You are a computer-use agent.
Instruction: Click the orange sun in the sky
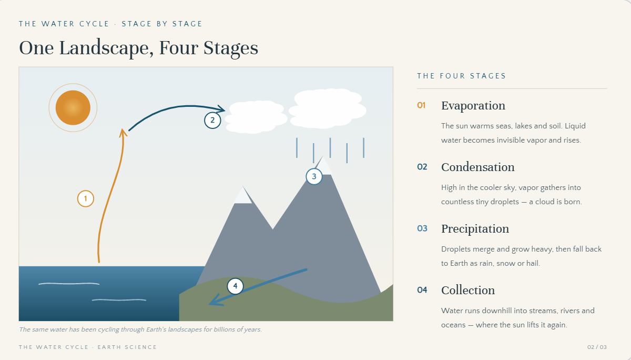tap(73, 107)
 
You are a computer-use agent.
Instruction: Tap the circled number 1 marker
tap(86, 199)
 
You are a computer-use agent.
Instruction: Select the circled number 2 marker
tap(212, 121)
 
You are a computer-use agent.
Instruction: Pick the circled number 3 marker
tap(314, 176)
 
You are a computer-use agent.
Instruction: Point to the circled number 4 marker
tap(235, 286)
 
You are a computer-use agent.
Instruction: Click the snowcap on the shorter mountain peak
tap(243, 195)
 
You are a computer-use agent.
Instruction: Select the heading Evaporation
tap(473, 106)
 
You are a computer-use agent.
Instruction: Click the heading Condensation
tap(478, 167)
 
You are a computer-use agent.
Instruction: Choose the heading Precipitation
tap(475, 229)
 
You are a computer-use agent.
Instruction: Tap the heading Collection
tap(468, 291)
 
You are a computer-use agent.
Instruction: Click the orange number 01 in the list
tap(421, 105)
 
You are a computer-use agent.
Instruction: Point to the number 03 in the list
tap(422, 228)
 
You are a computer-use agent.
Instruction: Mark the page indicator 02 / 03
tap(597, 347)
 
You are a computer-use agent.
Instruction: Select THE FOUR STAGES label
tap(462, 76)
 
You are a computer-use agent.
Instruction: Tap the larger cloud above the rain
tap(327, 108)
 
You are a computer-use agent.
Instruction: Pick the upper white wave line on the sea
tap(69, 284)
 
